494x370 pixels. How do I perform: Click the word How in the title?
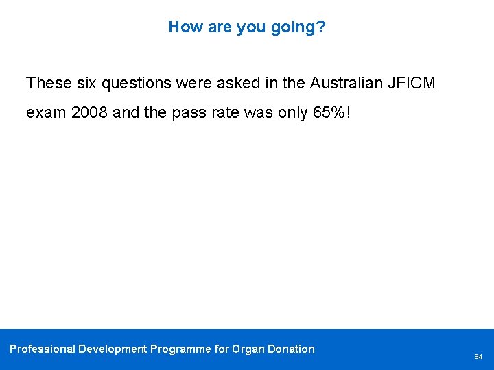(182, 27)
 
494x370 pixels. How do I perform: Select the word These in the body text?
(47, 84)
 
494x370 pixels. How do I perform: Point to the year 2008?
(89, 112)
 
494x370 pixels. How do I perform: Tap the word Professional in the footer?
(42, 349)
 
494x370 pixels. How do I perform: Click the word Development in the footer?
(113, 349)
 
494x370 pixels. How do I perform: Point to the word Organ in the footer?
(248, 349)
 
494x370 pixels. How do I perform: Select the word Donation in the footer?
(291, 349)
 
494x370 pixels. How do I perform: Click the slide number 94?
(478, 357)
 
